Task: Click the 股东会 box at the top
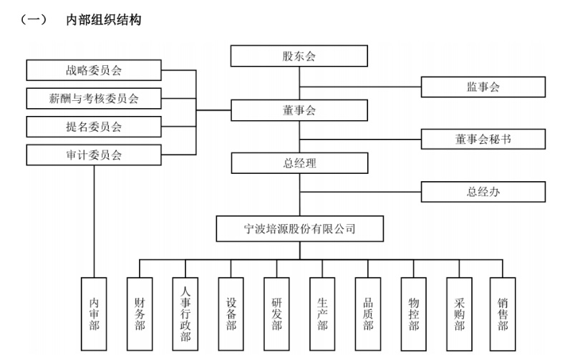(x=299, y=56)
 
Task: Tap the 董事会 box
(x=299, y=110)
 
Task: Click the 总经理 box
(x=299, y=163)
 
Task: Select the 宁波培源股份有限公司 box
(x=299, y=229)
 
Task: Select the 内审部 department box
(x=95, y=313)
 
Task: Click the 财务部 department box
(x=140, y=313)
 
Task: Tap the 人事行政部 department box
(x=186, y=313)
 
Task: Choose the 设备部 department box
(x=231, y=313)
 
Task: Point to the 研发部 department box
(x=277, y=313)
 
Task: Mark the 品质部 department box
(x=368, y=313)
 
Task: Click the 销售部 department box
(x=503, y=313)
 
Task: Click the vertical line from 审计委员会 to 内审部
(x=95, y=222)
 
